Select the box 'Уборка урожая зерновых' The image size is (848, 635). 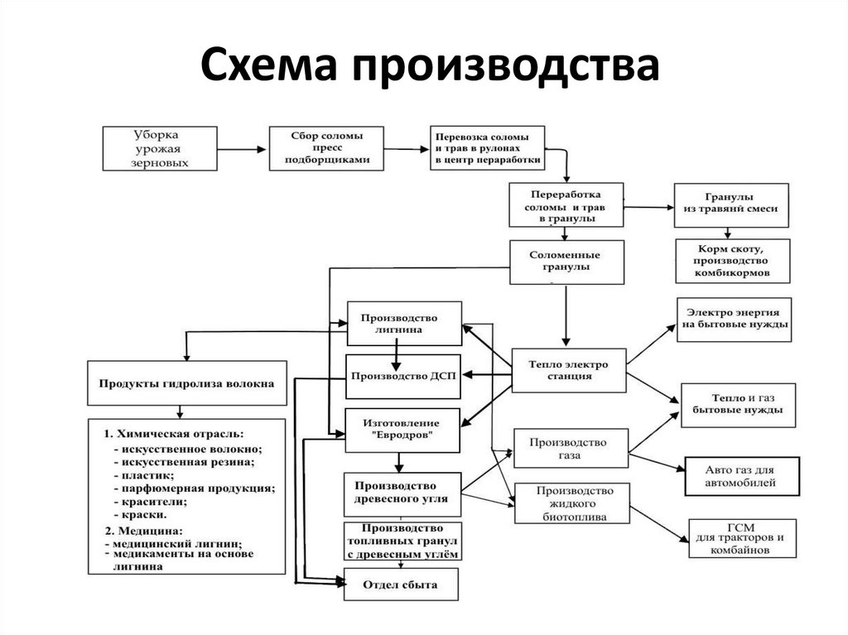point(160,148)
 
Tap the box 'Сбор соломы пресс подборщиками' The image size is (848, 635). point(326,147)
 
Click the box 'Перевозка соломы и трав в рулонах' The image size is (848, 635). point(487,147)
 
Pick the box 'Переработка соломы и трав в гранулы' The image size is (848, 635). point(566,204)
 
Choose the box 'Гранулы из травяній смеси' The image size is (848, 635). point(731,204)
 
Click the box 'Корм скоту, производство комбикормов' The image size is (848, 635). point(732,261)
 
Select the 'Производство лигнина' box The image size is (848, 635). point(404,323)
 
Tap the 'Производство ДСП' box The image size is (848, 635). point(403,376)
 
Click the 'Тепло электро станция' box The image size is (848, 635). point(569,369)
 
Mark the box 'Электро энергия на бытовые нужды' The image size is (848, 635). point(734,319)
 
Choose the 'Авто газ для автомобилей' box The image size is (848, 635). point(742,475)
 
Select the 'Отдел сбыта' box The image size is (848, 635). point(403,585)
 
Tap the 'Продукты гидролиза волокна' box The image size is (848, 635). point(187,382)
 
